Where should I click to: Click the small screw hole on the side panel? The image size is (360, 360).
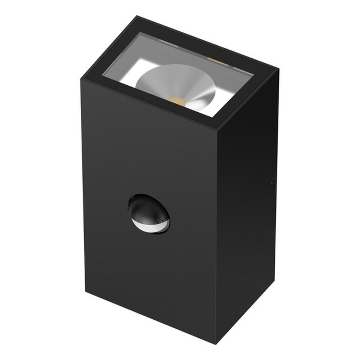[x=273, y=182]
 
